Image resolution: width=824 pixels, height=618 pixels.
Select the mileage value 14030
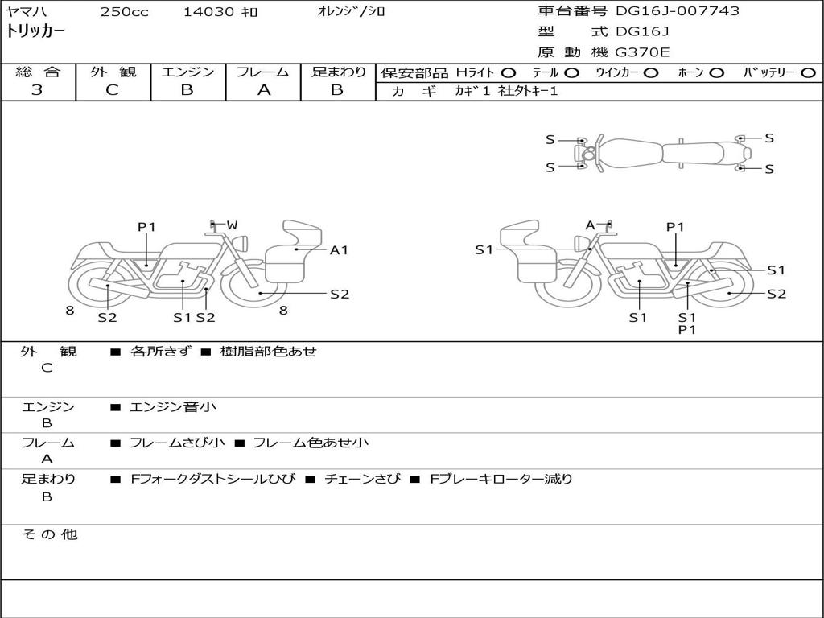click(208, 11)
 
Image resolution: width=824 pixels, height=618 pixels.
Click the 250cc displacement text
click(125, 11)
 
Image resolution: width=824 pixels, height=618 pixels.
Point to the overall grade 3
click(37, 89)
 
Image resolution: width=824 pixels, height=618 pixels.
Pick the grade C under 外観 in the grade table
click(113, 89)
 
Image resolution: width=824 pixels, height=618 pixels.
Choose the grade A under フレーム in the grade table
click(263, 90)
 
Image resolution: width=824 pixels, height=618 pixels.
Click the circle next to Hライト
click(509, 73)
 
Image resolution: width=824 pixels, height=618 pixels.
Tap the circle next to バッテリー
click(808, 73)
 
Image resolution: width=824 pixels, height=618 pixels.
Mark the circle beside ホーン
click(716, 73)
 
